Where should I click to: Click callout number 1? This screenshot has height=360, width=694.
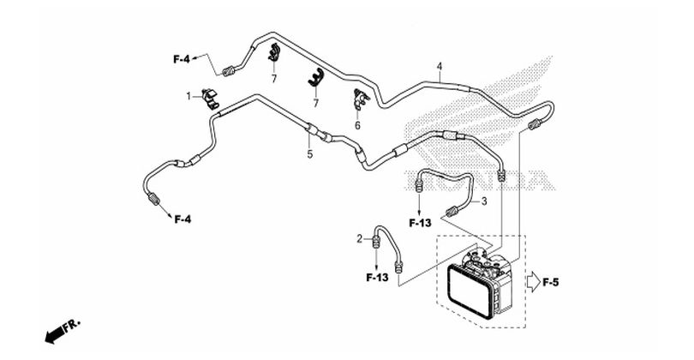(188, 96)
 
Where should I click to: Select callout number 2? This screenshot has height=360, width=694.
(360, 239)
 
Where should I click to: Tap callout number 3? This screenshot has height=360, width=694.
(484, 201)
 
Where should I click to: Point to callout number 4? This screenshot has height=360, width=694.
(440, 67)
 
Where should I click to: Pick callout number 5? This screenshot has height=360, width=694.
(310, 154)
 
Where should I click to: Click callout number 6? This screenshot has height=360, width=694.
(357, 126)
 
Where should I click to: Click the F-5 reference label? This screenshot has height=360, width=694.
(551, 282)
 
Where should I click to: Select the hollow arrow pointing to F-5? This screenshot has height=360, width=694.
(533, 282)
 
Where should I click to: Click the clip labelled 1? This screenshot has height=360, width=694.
(210, 99)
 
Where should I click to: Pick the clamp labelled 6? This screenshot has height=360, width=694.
(360, 99)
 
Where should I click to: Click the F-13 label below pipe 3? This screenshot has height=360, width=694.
(420, 223)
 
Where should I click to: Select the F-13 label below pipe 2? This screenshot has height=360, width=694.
(377, 278)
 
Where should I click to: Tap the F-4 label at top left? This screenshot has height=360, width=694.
(182, 59)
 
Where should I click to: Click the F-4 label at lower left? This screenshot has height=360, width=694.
(182, 219)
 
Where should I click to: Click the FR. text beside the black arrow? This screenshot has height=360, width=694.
(72, 326)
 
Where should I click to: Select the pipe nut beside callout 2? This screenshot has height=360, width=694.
(376, 243)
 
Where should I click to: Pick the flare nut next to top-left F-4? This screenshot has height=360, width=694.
(228, 71)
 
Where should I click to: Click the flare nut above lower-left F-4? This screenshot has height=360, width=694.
(153, 199)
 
